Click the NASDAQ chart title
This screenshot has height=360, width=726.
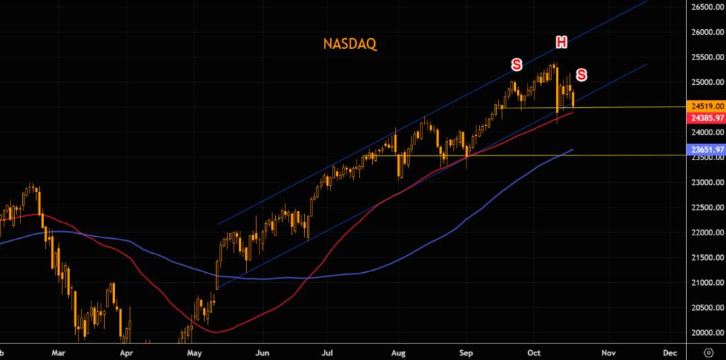point(350,44)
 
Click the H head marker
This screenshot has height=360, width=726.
point(561,43)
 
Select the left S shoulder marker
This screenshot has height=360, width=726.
point(516,65)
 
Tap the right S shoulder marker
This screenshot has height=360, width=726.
point(581,74)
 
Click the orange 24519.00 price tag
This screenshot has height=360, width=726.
point(706,106)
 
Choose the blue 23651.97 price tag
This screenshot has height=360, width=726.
point(706,150)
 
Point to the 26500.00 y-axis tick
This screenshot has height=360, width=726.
point(706,7)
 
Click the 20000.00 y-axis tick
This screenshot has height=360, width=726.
point(706,333)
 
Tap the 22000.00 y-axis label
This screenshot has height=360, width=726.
point(706,232)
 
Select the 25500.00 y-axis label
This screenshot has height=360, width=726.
point(706,57)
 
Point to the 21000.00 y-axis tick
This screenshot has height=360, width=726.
point(706,283)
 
